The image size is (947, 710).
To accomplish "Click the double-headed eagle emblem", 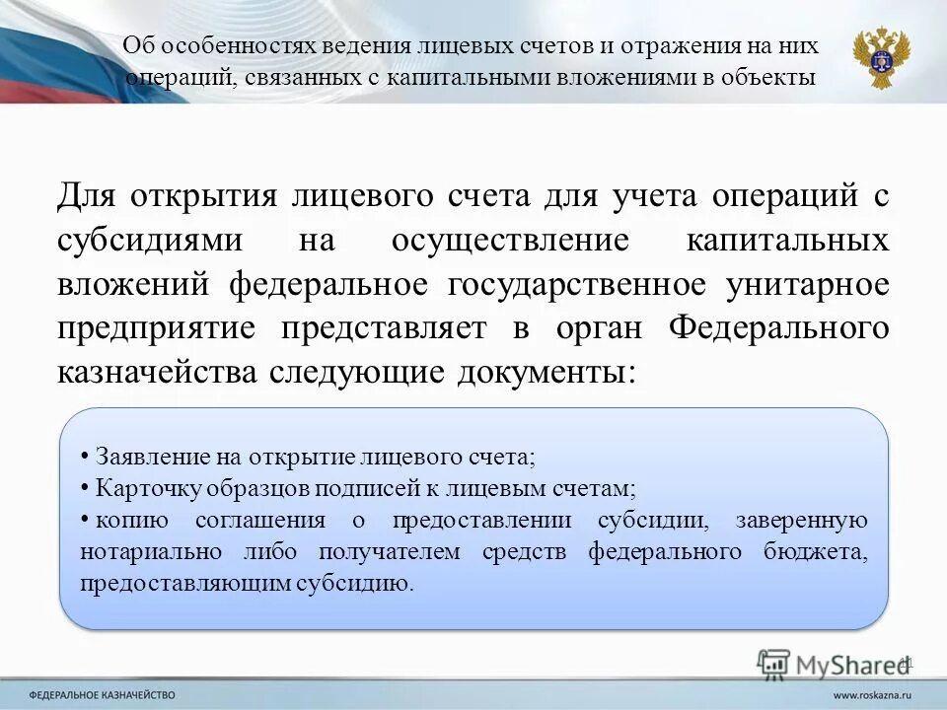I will [x=881, y=56].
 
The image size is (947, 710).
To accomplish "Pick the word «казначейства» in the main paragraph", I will [x=152, y=373].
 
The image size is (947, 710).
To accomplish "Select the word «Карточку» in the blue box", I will [x=140, y=488].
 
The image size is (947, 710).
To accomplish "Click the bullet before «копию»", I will [x=86, y=519].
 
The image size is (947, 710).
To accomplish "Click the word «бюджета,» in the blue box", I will [x=821, y=551].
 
